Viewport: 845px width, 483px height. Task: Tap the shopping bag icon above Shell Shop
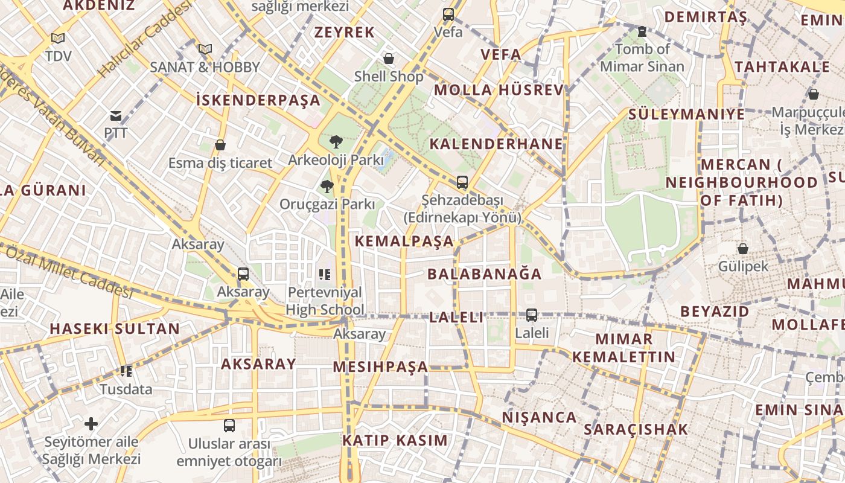(x=389, y=59)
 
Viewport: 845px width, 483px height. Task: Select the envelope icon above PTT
(x=115, y=116)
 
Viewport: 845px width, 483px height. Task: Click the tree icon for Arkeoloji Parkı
(x=336, y=142)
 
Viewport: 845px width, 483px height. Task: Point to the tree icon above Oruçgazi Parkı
(x=327, y=187)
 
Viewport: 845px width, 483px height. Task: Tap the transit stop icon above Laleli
(x=532, y=315)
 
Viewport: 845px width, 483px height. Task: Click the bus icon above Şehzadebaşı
(x=462, y=182)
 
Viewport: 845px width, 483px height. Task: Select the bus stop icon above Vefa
(x=448, y=14)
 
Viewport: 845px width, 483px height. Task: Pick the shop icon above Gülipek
(x=743, y=249)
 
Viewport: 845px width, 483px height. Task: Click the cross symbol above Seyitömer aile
(x=91, y=424)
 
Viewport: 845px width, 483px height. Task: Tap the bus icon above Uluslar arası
(x=229, y=426)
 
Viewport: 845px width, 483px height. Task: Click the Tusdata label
(x=126, y=389)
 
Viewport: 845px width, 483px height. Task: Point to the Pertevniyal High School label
(x=325, y=301)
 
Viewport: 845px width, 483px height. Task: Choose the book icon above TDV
(x=58, y=39)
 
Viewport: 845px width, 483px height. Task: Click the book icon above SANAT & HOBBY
(x=205, y=49)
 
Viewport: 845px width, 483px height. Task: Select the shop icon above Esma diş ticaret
(x=220, y=146)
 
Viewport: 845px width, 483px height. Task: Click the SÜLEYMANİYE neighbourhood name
(x=686, y=114)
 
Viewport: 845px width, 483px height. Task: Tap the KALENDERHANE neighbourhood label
(x=496, y=144)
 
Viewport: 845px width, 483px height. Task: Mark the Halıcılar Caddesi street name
(x=145, y=39)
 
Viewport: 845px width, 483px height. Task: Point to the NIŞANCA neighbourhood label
(x=539, y=417)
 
